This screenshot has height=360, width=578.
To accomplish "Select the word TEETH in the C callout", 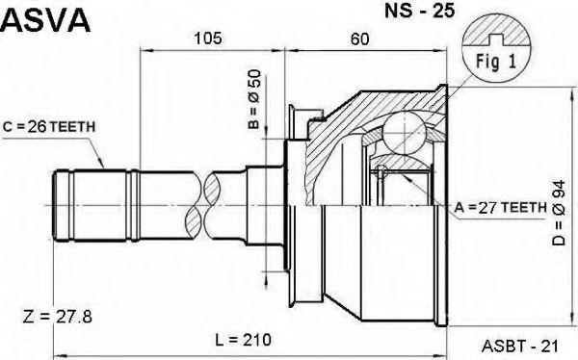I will coord(67,125).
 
